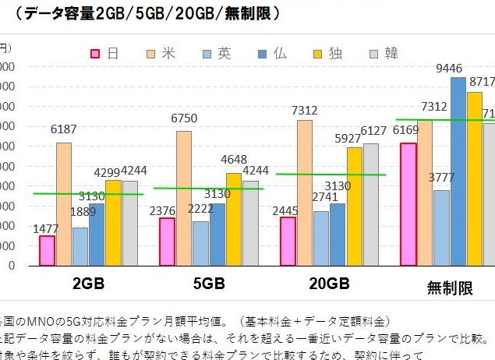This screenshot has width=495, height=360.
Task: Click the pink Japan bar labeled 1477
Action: pos(47,250)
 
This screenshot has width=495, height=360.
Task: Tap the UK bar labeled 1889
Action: pos(80,246)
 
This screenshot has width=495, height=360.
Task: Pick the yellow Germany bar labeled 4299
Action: pos(113,223)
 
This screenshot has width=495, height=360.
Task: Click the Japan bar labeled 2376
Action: pos(167,242)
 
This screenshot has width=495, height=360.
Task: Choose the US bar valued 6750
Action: pos(184,198)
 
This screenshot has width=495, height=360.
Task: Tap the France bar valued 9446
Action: pos(458,171)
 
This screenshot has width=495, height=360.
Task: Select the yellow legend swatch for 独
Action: pos(316,53)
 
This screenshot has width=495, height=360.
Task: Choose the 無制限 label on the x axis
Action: pos(450,288)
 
